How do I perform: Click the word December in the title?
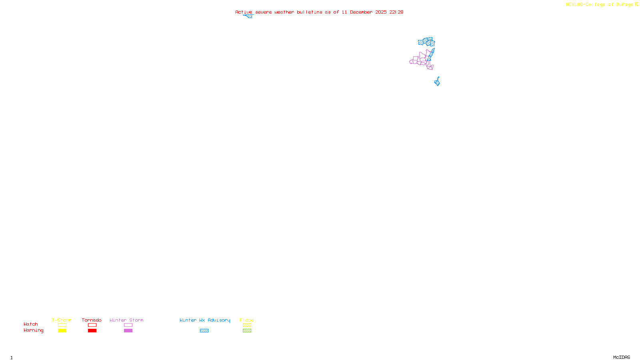pyautogui.click(x=361, y=12)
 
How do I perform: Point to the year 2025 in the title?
pyautogui.click(x=381, y=12)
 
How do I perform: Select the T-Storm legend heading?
pyautogui.click(x=62, y=320)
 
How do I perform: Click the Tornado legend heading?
pyautogui.click(x=92, y=320)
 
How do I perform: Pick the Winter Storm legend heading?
pyautogui.click(x=126, y=320)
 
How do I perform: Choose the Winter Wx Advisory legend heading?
pyautogui.click(x=205, y=320)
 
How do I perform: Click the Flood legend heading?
pyautogui.click(x=247, y=320)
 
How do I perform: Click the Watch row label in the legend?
pyautogui.click(x=31, y=324)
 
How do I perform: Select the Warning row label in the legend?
pyautogui.click(x=34, y=330)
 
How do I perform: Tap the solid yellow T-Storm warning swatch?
pyautogui.click(x=62, y=331)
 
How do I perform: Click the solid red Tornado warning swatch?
pyautogui.click(x=92, y=331)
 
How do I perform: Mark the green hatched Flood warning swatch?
pyautogui.click(x=247, y=331)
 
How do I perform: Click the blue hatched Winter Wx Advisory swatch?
pyautogui.click(x=204, y=331)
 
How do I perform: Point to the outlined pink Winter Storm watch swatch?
pyautogui.click(x=128, y=325)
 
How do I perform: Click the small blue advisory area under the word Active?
pyautogui.click(x=249, y=16)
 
